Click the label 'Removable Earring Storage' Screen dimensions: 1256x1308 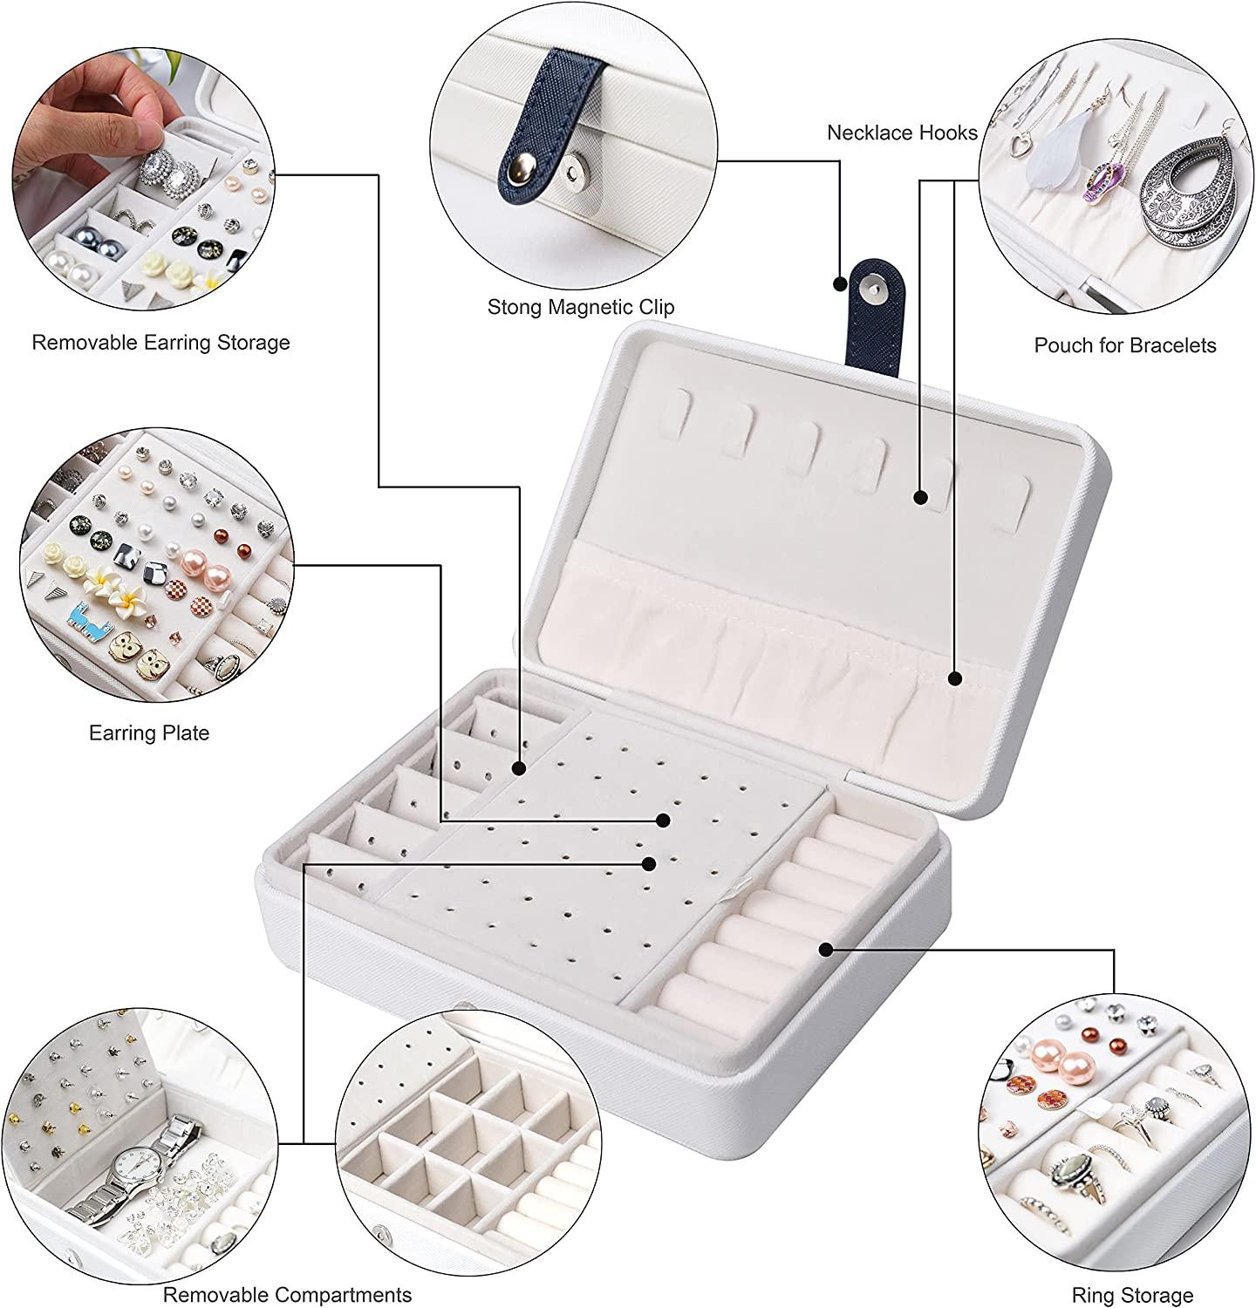[x=160, y=342]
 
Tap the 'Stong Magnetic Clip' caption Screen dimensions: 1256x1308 [x=580, y=307]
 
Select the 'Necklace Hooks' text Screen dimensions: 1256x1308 [x=902, y=133]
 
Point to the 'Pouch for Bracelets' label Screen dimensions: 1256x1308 [x=1124, y=345]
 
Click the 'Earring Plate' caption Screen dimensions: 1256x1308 [x=149, y=732]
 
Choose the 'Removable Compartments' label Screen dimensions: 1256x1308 [x=287, y=1294]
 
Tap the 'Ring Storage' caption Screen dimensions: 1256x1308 [x=1132, y=1295]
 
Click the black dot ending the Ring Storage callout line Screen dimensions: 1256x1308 [x=825, y=948]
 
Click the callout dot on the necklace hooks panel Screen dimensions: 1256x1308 [x=920, y=497]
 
